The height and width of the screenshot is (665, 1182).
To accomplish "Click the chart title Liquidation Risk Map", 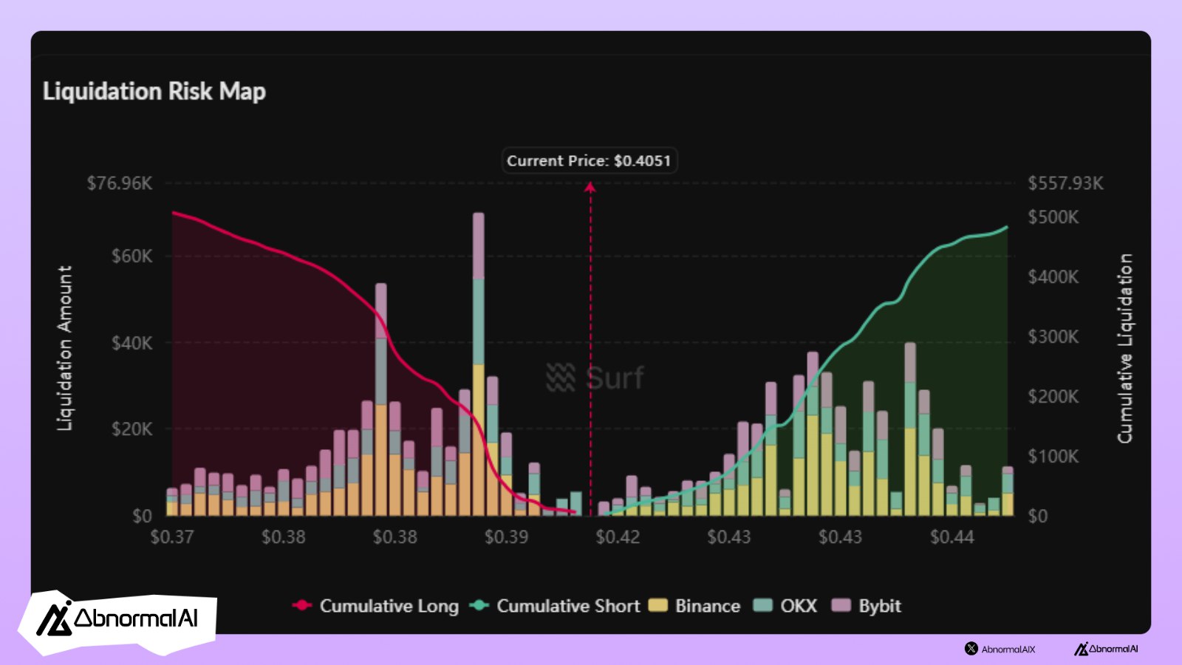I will [x=154, y=92].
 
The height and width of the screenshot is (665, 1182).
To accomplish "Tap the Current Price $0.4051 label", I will [x=589, y=160].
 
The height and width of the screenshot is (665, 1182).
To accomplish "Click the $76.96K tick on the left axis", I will [x=120, y=183].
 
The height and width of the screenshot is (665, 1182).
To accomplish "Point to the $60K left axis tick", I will [x=131, y=256].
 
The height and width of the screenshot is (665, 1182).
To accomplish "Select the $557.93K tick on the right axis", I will [x=1065, y=183].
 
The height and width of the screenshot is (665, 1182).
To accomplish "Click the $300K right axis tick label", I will [x=1053, y=337].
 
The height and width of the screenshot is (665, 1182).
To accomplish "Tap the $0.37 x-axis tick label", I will [x=172, y=537].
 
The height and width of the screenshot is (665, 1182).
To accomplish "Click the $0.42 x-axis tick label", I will [x=618, y=537].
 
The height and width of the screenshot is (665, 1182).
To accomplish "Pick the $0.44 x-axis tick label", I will [x=952, y=537].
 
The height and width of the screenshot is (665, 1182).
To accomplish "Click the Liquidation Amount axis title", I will [x=65, y=348].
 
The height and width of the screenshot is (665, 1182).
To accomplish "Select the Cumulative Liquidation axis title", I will [x=1124, y=348].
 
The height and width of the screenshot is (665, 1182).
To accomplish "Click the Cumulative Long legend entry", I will [x=376, y=606].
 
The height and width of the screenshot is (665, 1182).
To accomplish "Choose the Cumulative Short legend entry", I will [x=555, y=606].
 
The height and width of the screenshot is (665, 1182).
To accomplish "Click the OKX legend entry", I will [x=785, y=606].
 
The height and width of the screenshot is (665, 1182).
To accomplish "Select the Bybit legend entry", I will [x=867, y=606].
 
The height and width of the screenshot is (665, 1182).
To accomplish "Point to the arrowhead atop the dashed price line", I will [x=590, y=188].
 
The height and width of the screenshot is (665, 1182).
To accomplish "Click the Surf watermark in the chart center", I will [x=595, y=378].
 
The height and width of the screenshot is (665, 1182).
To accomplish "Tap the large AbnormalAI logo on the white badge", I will [x=118, y=619].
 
